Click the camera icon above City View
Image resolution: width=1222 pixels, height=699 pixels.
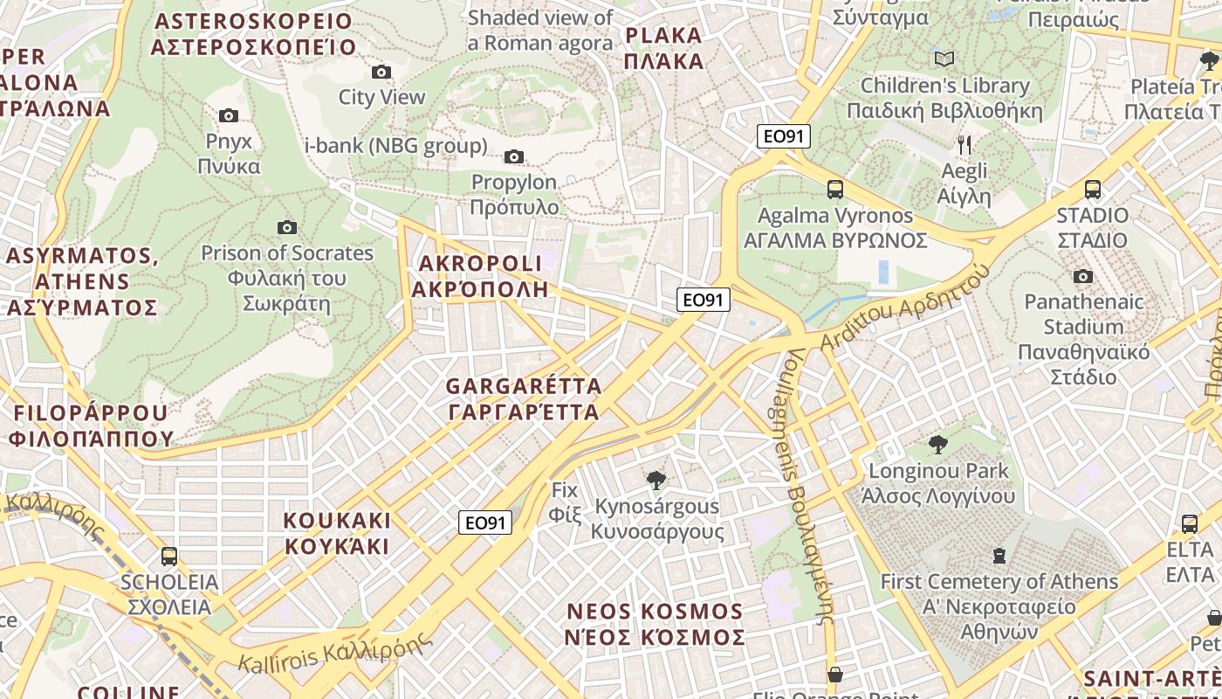[381, 72]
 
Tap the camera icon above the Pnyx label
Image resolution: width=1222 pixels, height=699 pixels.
[229, 115]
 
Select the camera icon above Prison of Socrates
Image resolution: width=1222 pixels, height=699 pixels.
[287, 227]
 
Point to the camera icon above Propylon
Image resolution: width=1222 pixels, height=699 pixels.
[514, 156]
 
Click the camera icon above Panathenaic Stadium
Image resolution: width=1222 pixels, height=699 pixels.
[1083, 276]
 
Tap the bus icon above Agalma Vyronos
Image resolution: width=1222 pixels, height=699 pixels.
[835, 189]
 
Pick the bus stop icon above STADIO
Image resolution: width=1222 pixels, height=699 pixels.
[1092, 189]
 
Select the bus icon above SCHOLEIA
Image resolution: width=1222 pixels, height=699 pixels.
[169, 556]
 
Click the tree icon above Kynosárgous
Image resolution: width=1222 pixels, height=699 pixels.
[656, 480]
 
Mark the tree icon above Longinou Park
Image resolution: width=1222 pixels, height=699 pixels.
[938, 445]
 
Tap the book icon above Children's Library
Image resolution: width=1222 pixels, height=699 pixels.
[944, 59]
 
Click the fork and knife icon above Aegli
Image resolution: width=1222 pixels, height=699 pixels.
[965, 144]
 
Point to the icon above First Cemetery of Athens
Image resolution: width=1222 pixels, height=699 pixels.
[999, 555]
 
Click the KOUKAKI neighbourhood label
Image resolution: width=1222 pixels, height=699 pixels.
[337, 533]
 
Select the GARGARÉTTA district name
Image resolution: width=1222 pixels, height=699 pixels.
[523, 398]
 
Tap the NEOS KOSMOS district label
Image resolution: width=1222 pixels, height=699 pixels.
[655, 624]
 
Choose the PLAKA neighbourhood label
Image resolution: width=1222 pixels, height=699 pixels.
[664, 48]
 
